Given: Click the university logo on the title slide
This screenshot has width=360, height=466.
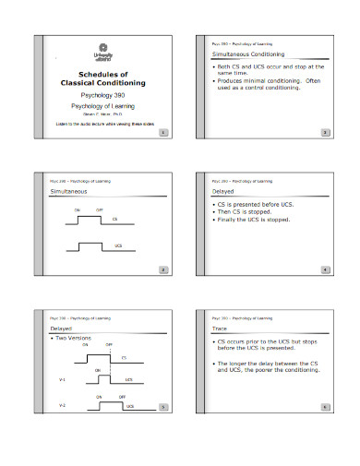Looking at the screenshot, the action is tap(102, 52).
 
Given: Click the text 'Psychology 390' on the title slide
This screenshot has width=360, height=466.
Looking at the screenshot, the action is tap(102, 95).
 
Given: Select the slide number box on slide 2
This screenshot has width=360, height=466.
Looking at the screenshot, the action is tap(324, 132).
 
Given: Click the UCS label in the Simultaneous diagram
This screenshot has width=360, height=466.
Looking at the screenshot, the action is tap(118, 246).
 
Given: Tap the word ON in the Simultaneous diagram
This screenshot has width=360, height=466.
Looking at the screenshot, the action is tap(78, 209).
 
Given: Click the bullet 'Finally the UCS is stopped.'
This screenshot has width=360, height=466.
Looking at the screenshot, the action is tap(254, 220).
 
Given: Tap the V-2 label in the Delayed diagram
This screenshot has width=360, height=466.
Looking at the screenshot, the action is tap(62, 405).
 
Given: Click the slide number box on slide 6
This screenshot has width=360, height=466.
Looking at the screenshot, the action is tap(324, 406).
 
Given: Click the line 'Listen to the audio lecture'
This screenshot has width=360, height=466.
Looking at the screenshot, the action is tap(102, 124).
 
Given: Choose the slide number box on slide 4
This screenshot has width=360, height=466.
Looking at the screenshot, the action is tap(324, 269).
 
